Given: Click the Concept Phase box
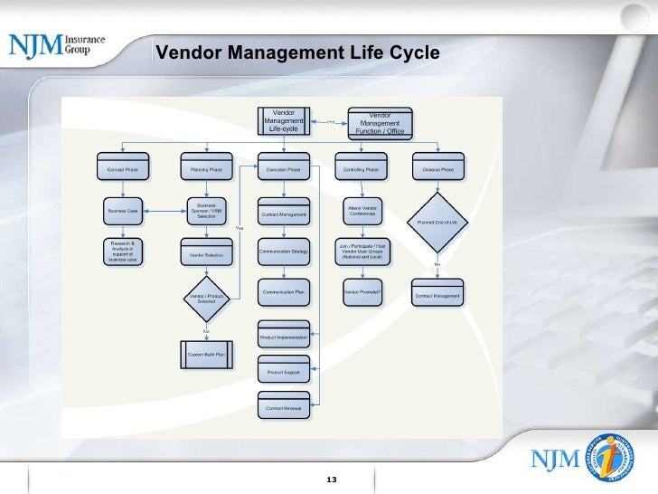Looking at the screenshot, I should (123, 169).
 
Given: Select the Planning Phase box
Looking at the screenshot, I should (207, 169).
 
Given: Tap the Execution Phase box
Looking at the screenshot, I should (284, 169).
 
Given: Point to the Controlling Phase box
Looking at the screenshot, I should (362, 169).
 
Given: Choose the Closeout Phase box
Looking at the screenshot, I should (437, 169).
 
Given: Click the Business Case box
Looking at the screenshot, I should (123, 211).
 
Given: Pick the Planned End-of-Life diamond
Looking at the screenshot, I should (437, 223).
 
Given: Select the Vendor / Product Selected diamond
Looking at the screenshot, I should (207, 298).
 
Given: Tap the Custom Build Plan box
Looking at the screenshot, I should (207, 354).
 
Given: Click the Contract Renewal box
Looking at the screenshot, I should (284, 408).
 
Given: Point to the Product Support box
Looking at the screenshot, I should (284, 372).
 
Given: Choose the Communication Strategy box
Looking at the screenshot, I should (284, 252).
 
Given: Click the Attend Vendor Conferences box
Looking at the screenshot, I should (362, 211).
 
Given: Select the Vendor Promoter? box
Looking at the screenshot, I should (362, 292).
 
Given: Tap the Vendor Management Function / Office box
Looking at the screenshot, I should (381, 124).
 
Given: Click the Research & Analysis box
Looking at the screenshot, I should (123, 251).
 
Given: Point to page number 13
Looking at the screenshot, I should (331, 479).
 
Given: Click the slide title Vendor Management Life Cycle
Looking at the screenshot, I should (297, 53).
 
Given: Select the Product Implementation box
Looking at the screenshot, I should (284, 337).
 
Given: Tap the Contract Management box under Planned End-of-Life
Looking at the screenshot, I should (437, 296).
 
